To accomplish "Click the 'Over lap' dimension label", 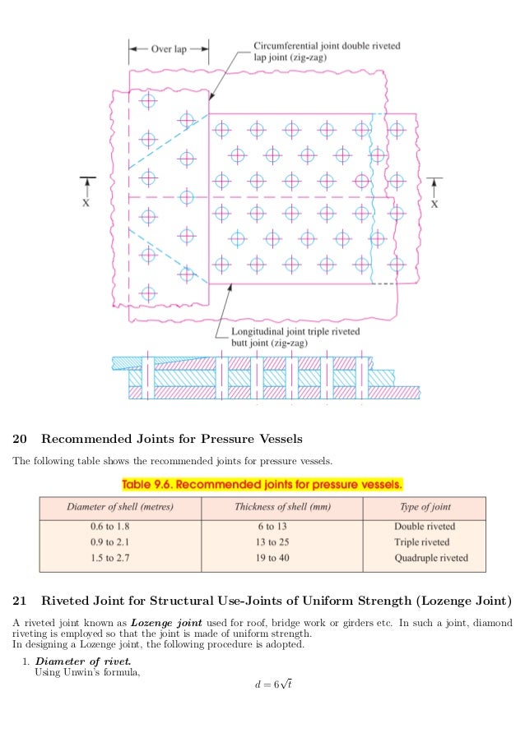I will pyautogui.click(x=169, y=48).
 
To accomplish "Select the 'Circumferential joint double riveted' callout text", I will pyautogui.click(x=328, y=46).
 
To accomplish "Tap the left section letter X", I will pyautogui.click(x=86, y=205).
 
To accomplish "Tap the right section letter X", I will pyautogui.click(x=435, y=205).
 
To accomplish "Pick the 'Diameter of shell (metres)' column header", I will pyautogui.click(x=120, y=507).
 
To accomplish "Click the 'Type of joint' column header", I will pyautogui.click(x=425, y=507).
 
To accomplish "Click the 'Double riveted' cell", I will pyautogui.click(x=425, y=527).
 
